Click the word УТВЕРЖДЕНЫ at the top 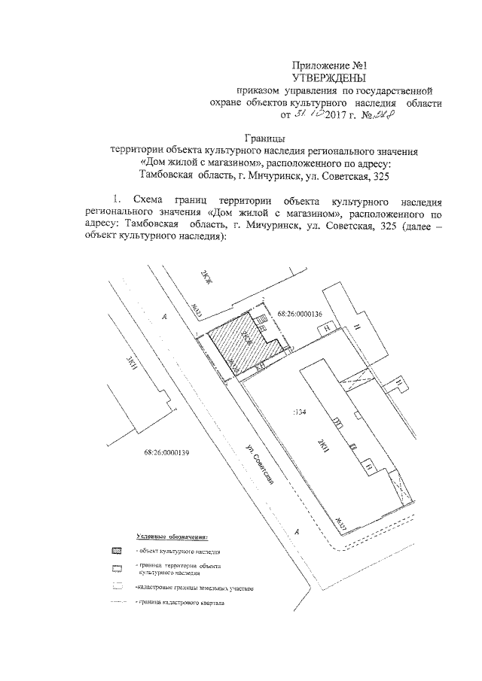pyautogui.click(x=328, y=78)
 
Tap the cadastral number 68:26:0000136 pyautogui.click(x=299, y=314)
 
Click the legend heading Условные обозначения pyautogui.click(x=172, y=536)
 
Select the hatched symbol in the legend pyautogui.click(x=116, y=552)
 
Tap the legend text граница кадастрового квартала pyautogui.click(x=181, y=603)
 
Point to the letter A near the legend pyautogui.click(x=297, y=531)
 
